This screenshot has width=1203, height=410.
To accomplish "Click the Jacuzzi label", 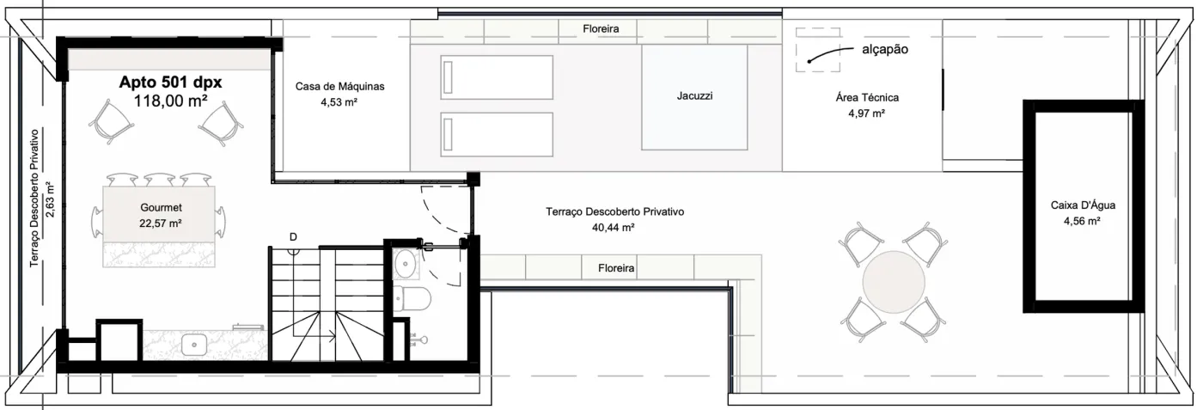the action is [x=694, y=96].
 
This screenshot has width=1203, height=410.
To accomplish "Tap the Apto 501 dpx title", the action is [x=170, y=83].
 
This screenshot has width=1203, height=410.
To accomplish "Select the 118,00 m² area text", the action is [x=170, y=101].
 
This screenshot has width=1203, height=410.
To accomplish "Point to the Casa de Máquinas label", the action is [x=340, y=87].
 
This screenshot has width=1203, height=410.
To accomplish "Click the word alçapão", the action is [x=885, y=50].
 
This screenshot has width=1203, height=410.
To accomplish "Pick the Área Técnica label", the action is [x=867, y=98].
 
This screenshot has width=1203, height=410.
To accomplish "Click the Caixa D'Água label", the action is [x=1083, y=205].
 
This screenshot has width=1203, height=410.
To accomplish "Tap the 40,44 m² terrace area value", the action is [x=614, y=228].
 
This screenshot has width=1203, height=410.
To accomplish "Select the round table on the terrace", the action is [x=894, y=282].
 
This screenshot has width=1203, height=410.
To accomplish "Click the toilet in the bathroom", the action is [x=412, y=299].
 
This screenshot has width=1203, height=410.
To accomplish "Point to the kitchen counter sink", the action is [x=194, y=344].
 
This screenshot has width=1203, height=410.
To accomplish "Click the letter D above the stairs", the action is [x=293, y=237].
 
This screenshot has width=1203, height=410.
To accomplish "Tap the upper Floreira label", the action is [x=601, y=29].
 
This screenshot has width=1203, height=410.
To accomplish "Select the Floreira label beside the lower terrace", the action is [x=616, y=268].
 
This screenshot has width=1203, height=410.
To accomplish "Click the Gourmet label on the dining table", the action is [x=162, y=207].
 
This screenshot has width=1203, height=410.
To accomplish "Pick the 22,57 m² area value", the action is [x=161, y=223].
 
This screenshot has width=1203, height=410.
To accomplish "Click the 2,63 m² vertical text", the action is [x=50, y=199].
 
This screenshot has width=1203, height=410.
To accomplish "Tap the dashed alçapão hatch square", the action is [x=818, y=50].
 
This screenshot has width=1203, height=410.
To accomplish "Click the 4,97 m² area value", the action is [x=867, y=113].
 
